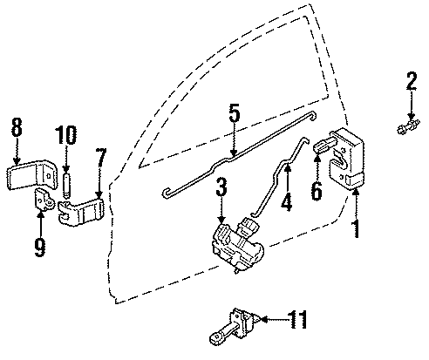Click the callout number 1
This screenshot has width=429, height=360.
point(356,231)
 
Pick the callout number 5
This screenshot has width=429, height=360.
point(234,114)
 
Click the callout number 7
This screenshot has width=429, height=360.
point(101,160)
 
